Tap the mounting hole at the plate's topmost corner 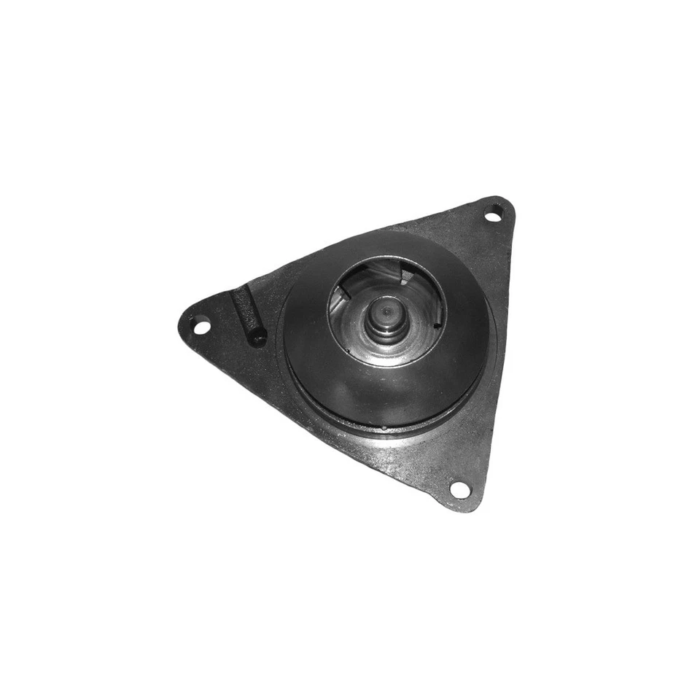click(x=493, y=214)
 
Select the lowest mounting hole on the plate click(x=459, y=489)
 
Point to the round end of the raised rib click(x=256, y=338)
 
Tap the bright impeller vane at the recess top click(x=386, y=274)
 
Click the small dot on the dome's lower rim click(x=384, y=427)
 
